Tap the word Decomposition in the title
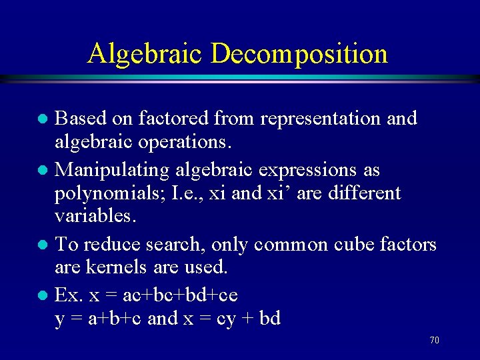pyautogui.click(x=299, y=53)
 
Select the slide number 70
pyautogui.click(x=434, y=340)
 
